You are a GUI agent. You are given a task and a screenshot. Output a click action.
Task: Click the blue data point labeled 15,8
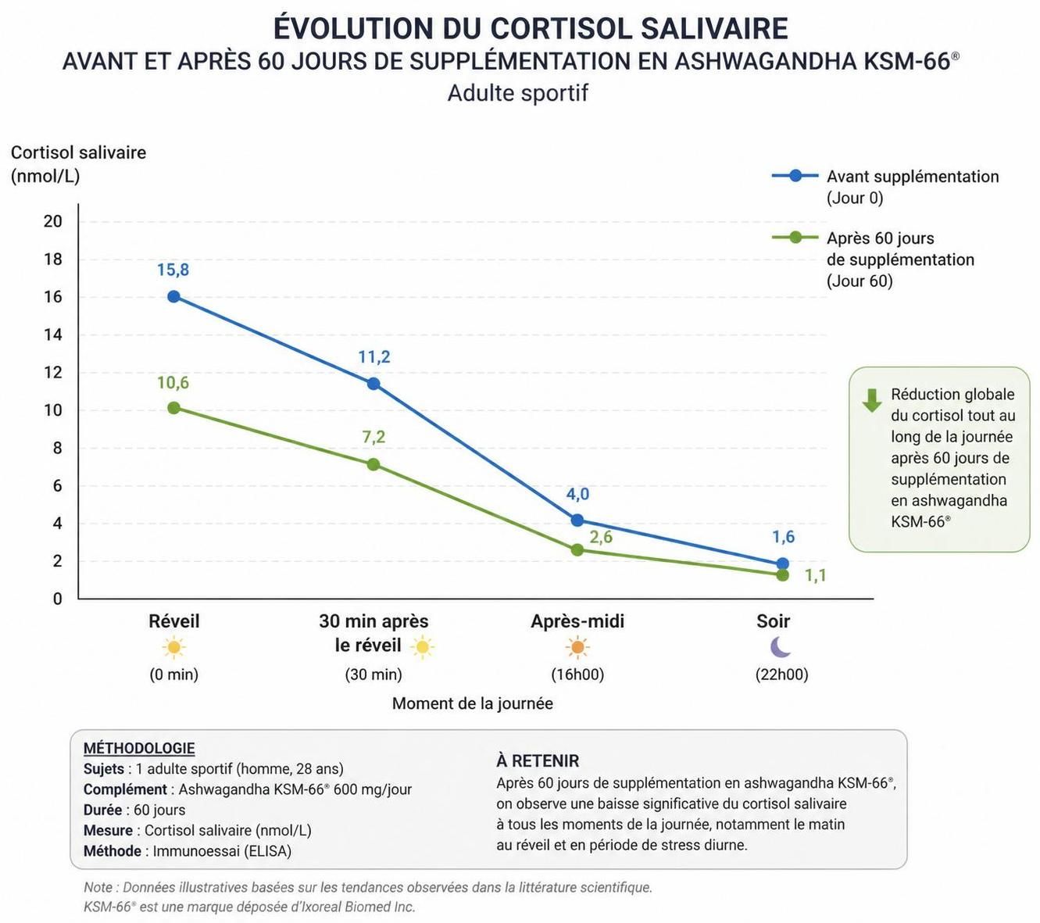tap(173, 296)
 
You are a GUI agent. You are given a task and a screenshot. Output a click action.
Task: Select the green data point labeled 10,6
tap(173, 408)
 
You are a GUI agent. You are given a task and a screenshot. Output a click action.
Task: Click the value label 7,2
tap(373, 437)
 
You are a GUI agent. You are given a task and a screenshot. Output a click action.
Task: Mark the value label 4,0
tap(577, 494)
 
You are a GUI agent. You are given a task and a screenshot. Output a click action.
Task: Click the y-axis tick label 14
tap(52, 334)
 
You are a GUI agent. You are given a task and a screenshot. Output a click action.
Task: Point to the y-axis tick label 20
tap(52, 221)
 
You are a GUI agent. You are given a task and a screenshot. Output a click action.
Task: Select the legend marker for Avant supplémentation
tap(795, 176)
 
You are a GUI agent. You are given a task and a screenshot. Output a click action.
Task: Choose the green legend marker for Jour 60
tap(795, 237)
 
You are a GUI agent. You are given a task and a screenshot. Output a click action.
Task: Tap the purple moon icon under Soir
tap(781, 647)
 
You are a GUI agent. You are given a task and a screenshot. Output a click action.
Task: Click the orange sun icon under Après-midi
tap(577, 647)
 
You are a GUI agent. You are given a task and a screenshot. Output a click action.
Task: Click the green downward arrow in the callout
tap(872, 400)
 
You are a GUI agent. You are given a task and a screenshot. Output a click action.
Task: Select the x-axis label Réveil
tap(174, 621)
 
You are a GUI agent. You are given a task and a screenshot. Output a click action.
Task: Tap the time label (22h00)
tap(781, 674)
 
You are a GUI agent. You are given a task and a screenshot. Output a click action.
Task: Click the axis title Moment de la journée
tap(472, 703)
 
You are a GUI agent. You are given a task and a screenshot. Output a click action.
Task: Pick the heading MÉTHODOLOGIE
tap(139, 748)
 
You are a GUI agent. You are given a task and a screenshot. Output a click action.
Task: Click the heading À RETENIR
tap(538, 760)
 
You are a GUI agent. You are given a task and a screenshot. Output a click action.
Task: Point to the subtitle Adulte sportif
tap(517, 93)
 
